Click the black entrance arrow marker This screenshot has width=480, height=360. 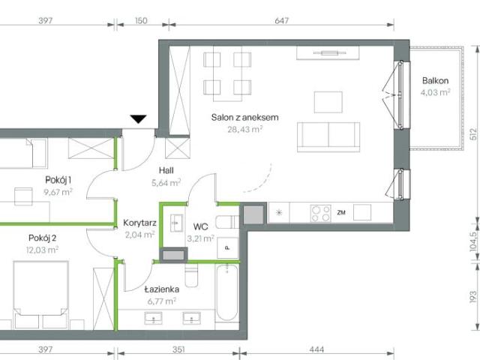(138, 118)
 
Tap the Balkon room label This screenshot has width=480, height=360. (435, 81)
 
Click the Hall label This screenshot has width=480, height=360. (166, 170)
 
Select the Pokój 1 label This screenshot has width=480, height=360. (57, 180)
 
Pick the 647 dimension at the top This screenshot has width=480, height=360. (281, 20)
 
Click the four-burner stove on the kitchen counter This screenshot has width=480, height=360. (321, 213)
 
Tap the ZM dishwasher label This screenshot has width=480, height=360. (341, 212)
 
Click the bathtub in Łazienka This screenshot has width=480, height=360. (226, 292)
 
